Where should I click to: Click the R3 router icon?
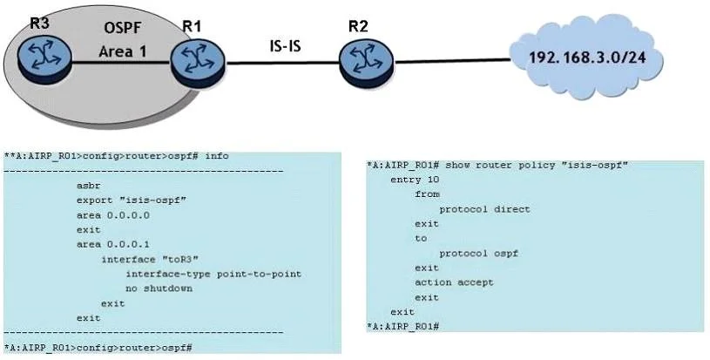[x=44, y=60]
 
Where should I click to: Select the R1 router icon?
[x=199, y=63]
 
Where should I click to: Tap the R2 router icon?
[x=368, y=64]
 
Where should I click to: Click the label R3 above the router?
[x=39, y=24]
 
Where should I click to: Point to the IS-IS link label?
[x=285, y=45]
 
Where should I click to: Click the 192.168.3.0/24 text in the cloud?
[x=587, y=58]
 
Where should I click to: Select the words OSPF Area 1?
[x=123, y=40]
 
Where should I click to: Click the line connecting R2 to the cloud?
[x=452, y=61]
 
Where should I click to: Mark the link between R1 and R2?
[x=282, y=63]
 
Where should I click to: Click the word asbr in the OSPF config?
[x=88, y=186]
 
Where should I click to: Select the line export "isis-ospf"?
[x=132, y=200]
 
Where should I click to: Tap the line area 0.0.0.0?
[x=112, y=215]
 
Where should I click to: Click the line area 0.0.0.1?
[x=112, y=245]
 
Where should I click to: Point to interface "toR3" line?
[x=150, y=259]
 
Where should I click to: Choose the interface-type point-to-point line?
[x=213, y=274]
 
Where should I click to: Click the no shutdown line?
[x=159, y=289]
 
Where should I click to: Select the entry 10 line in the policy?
[x=415, y=180]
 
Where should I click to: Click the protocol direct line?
[x=484, y=209]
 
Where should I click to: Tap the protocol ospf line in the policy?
[x=478, y=254]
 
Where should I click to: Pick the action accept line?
[x=454, y=282]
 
